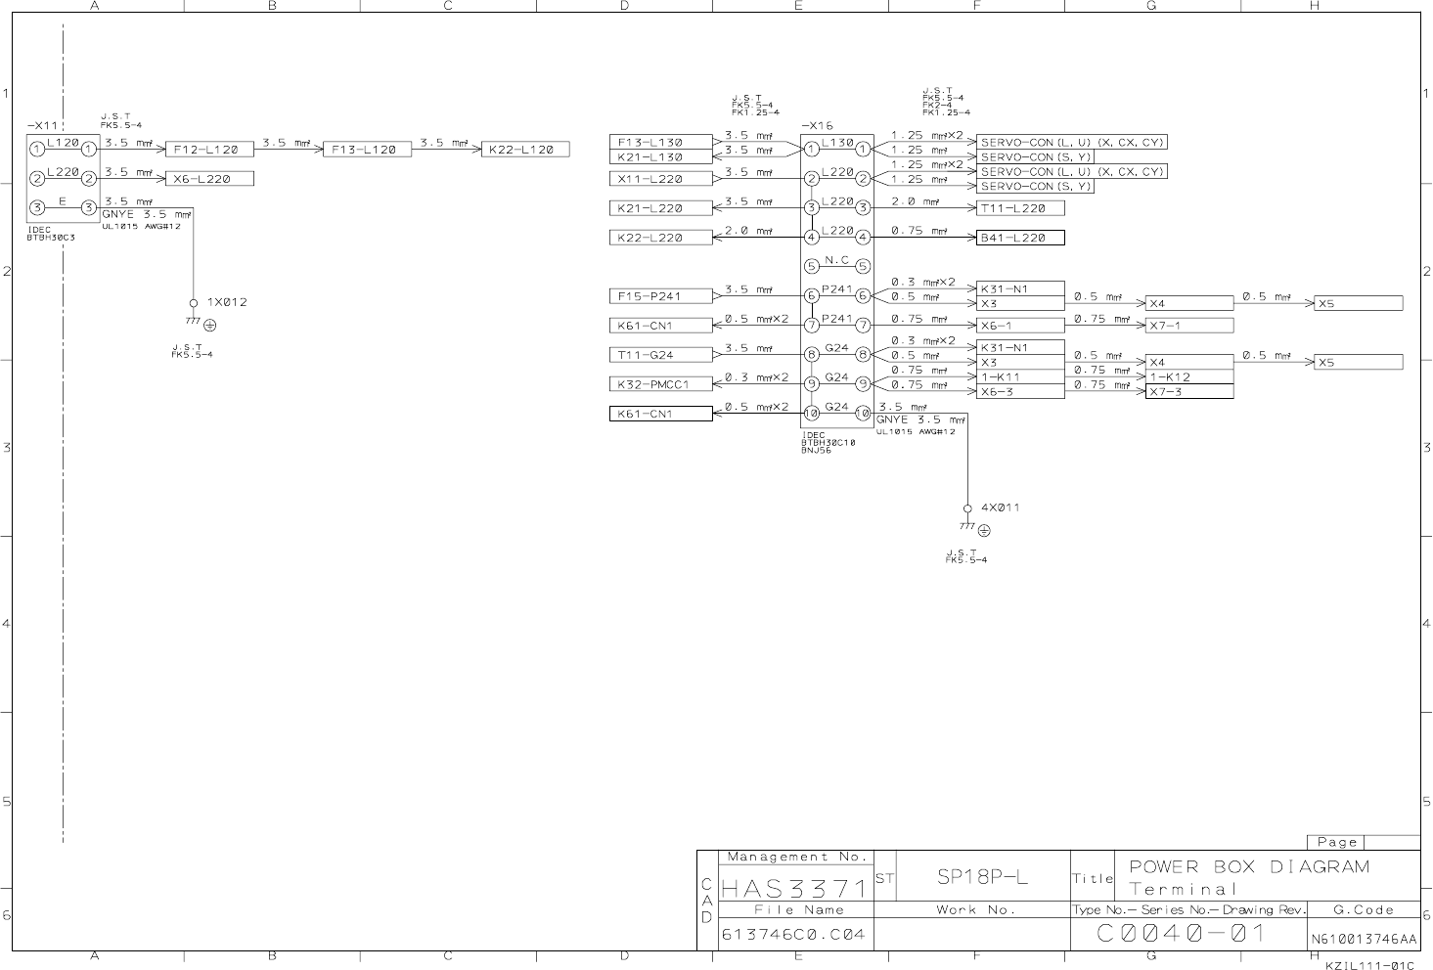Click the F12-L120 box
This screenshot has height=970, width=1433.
coord(209,150)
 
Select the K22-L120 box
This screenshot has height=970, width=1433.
coord(526,150)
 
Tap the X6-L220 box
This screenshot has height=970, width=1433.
coord(209,179)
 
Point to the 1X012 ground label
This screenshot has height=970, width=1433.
coord(226,302)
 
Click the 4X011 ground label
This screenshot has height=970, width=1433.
coord(1000,507)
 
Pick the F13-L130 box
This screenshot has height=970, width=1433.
coord(661,142)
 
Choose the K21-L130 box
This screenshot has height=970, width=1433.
coord(661,156)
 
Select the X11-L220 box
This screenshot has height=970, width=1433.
coord(661,179)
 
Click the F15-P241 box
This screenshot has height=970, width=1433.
coord(661,296)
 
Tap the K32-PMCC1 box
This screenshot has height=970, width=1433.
coord(661,384)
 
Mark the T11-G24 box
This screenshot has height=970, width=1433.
coord(661,355)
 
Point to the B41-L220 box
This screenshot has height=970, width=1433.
coord(1020,238)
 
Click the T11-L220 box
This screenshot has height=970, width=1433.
coord(1020,208)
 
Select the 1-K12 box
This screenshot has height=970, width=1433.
coord(1188,377)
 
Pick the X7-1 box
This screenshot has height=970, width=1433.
coord(1188,326)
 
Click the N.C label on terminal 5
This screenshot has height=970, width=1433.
coord(836,261)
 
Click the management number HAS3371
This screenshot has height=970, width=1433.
coord(794,889)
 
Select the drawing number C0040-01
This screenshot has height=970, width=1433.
coord(1182,934)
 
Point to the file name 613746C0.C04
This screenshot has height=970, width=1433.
coord(793,935)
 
